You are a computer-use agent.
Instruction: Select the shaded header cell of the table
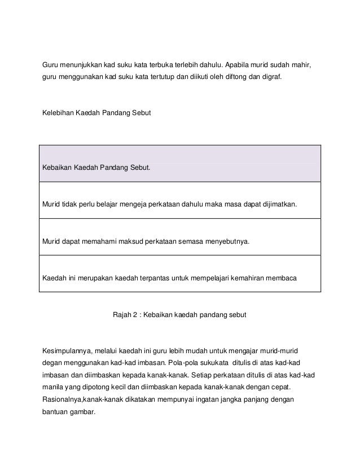179,164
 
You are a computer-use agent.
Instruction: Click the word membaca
285,278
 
